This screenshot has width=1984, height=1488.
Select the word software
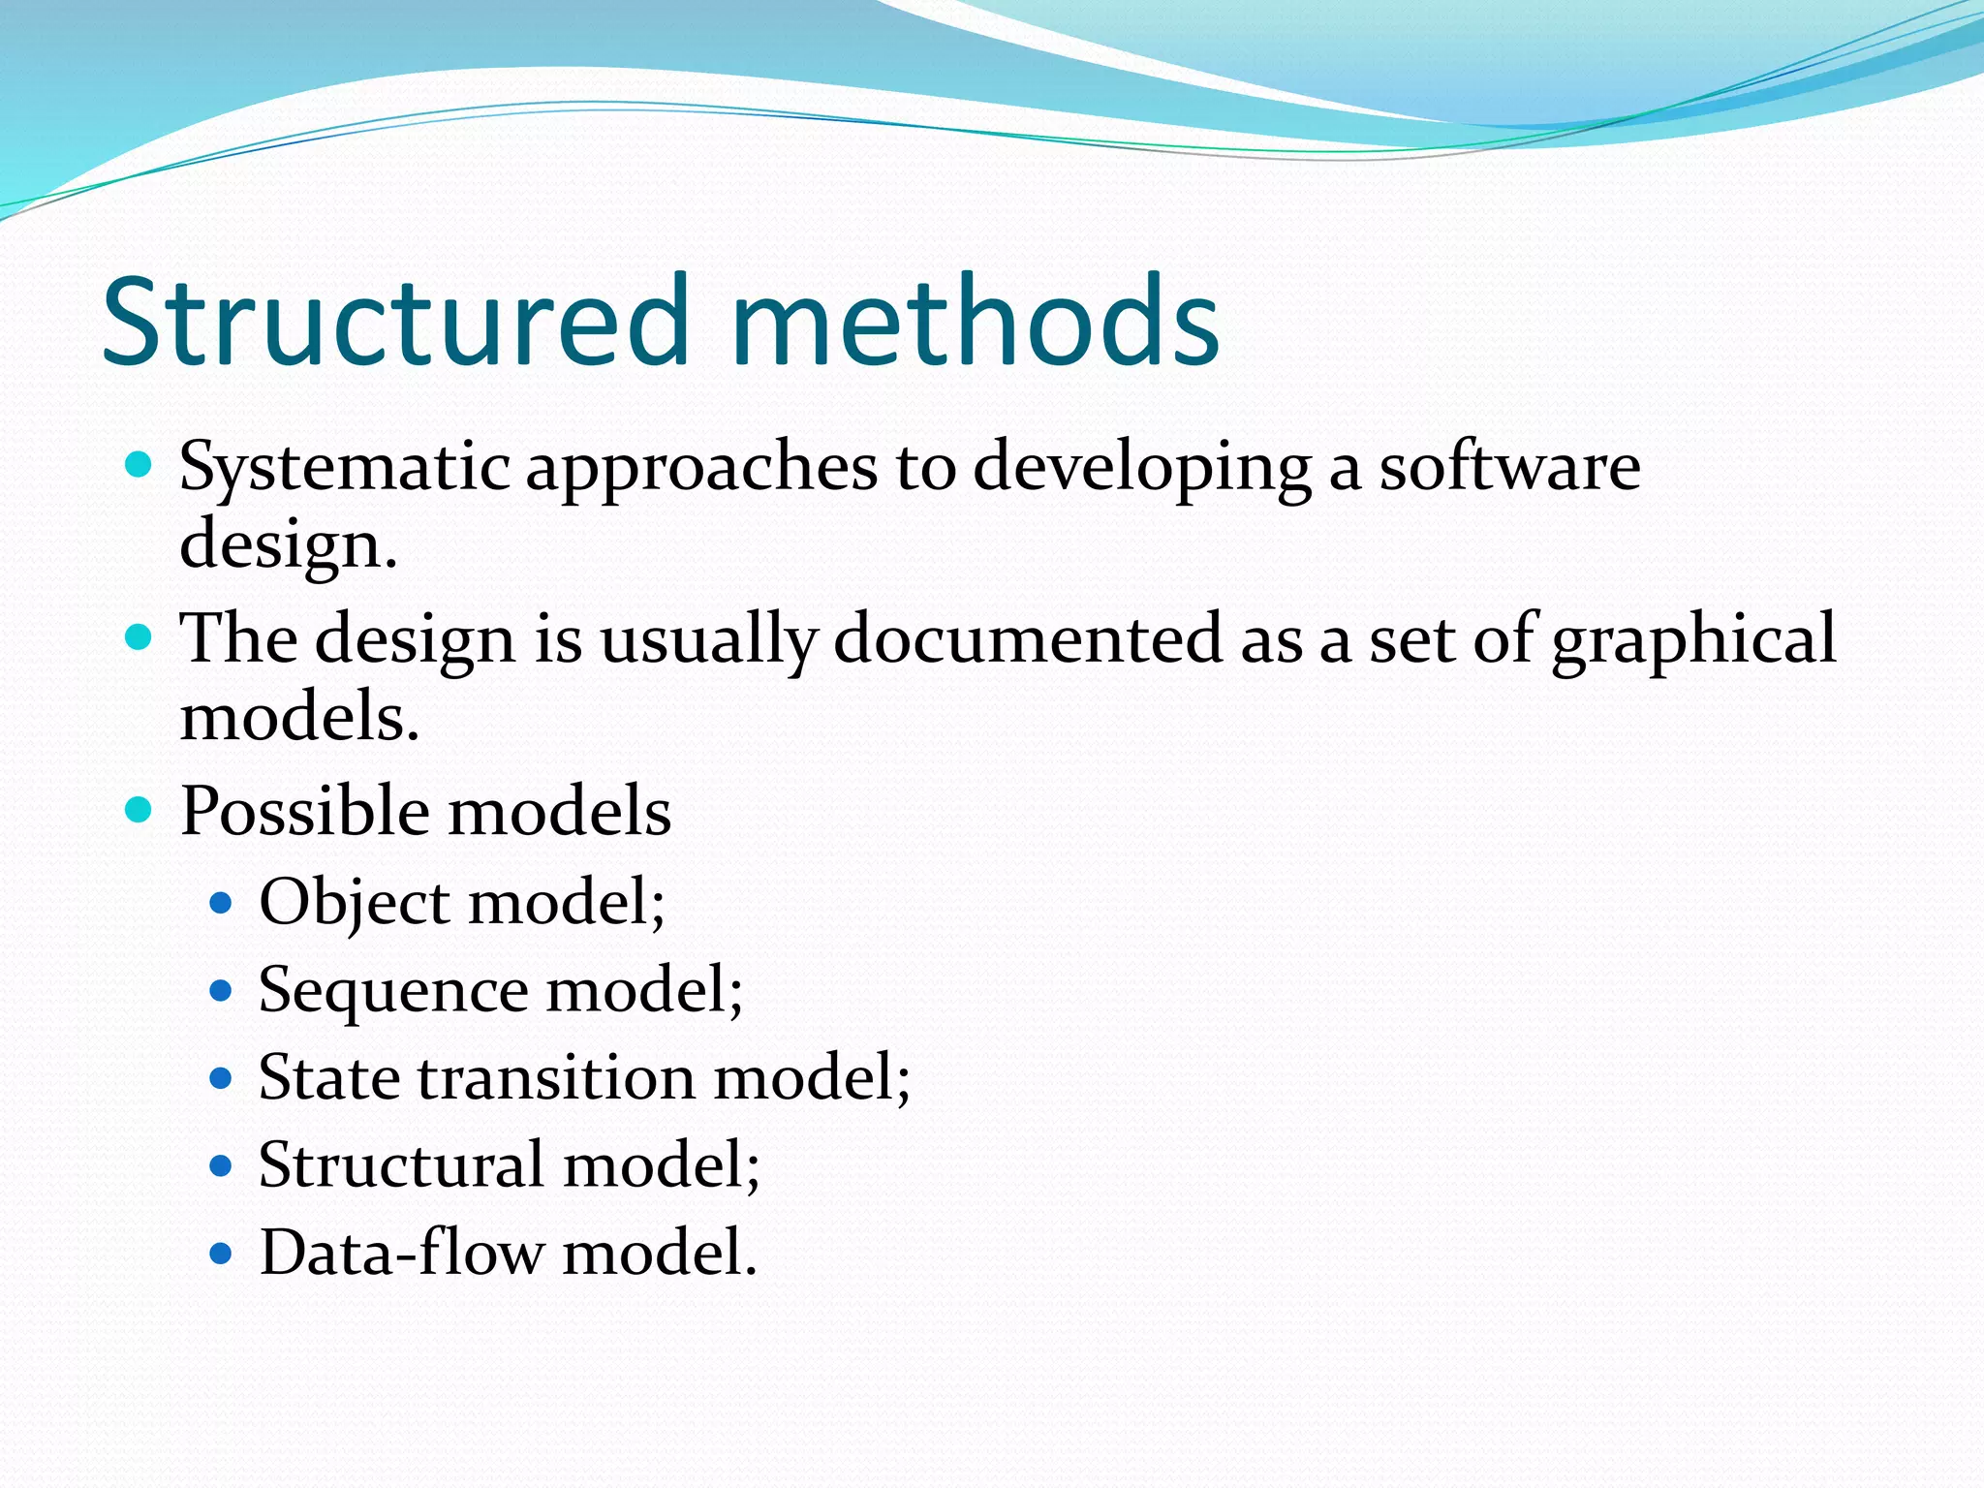click(1509, 467)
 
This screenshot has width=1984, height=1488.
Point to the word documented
click(1028, 639)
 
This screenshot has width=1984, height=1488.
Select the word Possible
click(304, 811)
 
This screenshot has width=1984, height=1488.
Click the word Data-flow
click(401, 1253)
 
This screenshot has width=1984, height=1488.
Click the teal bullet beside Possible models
click(139, 810)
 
